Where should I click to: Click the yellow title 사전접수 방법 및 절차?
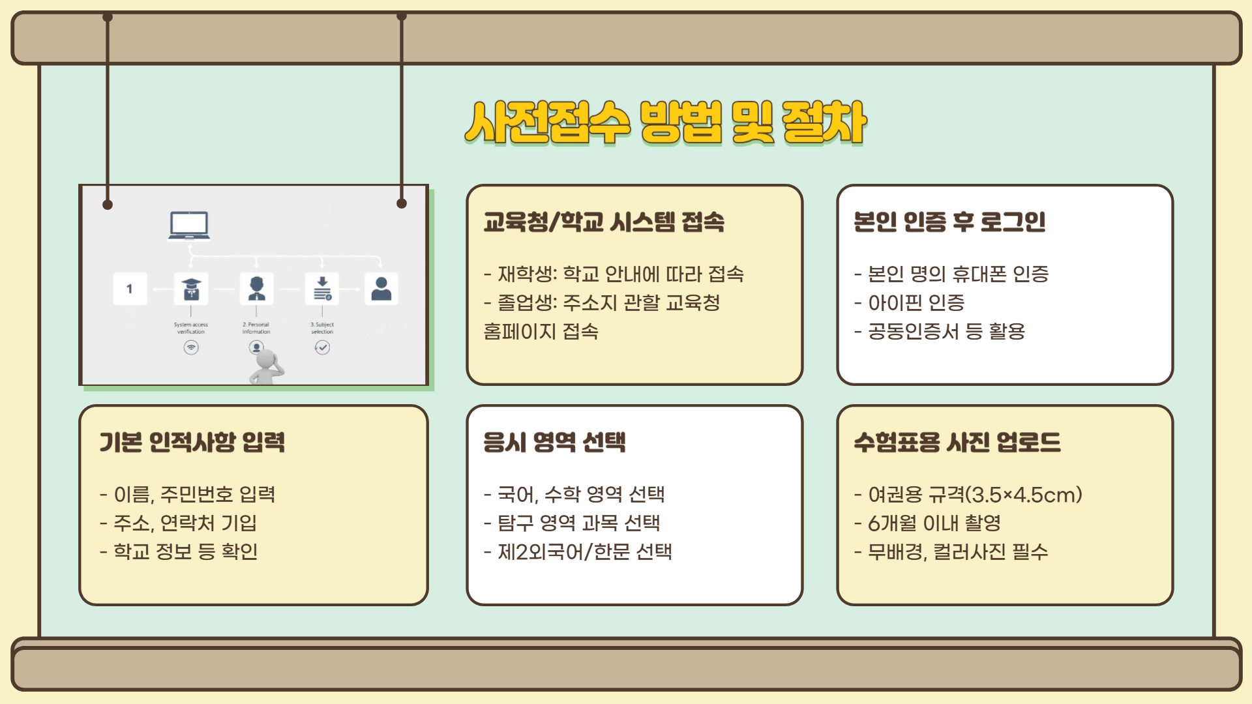point(665,123)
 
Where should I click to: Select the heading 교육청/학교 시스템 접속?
point(604,222)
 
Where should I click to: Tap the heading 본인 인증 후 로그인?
point(949,222)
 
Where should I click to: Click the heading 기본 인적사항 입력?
point(192,443)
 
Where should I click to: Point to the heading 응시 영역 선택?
point(554,443)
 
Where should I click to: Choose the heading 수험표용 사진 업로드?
point(957,443)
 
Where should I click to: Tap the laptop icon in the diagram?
point(189,226)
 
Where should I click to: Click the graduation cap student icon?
point(191,288)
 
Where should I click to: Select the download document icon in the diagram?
point(322,288)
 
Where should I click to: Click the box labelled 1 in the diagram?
point(130,289)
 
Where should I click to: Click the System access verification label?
point(191,328)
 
